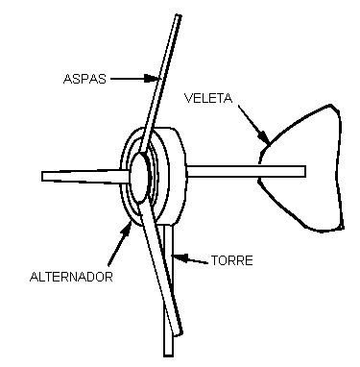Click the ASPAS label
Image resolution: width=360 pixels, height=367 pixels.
pyautogui.click(x=84, y=79)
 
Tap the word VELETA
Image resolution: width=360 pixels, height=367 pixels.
pyautogui.click(x=208, y=98)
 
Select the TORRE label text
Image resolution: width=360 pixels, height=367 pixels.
pyautogui.click(x=232, y=260)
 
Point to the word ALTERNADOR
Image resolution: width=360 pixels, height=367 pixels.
pyautogui.click(x=71, y=277)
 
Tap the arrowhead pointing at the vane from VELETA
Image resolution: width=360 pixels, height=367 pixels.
pyautogui.click(x=264, y=136)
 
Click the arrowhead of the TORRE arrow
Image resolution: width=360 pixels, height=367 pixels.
pyautogui.click(x=180, y=257)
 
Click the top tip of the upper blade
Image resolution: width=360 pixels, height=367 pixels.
pyautogui.click(x=179, y=15)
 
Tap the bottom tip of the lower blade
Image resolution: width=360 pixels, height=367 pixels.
pyautogui.click(x=179, y=333)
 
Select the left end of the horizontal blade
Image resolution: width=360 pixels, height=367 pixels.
pyautogui.click(x=42, y=176)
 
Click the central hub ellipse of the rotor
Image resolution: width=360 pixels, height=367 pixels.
pyautogui.click(x=140, y=177)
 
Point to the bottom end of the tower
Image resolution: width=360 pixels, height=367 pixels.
pyautogui.click(x=168, y=355)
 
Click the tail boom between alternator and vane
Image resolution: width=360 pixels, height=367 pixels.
pyautogui.click(x=246, y=171)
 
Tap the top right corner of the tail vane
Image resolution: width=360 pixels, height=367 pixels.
pyautogui.click(x=331, y=105)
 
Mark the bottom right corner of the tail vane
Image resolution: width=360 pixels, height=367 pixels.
pyautogui.click(x=343, y=228)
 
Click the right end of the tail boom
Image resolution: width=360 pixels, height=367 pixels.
pyautogui.click(x=305, y=171)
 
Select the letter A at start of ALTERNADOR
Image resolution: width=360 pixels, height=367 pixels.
pyautogui.click(x=34, y=277)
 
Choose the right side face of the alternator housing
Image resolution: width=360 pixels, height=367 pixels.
pyautogui.click(x=178, y=176)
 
